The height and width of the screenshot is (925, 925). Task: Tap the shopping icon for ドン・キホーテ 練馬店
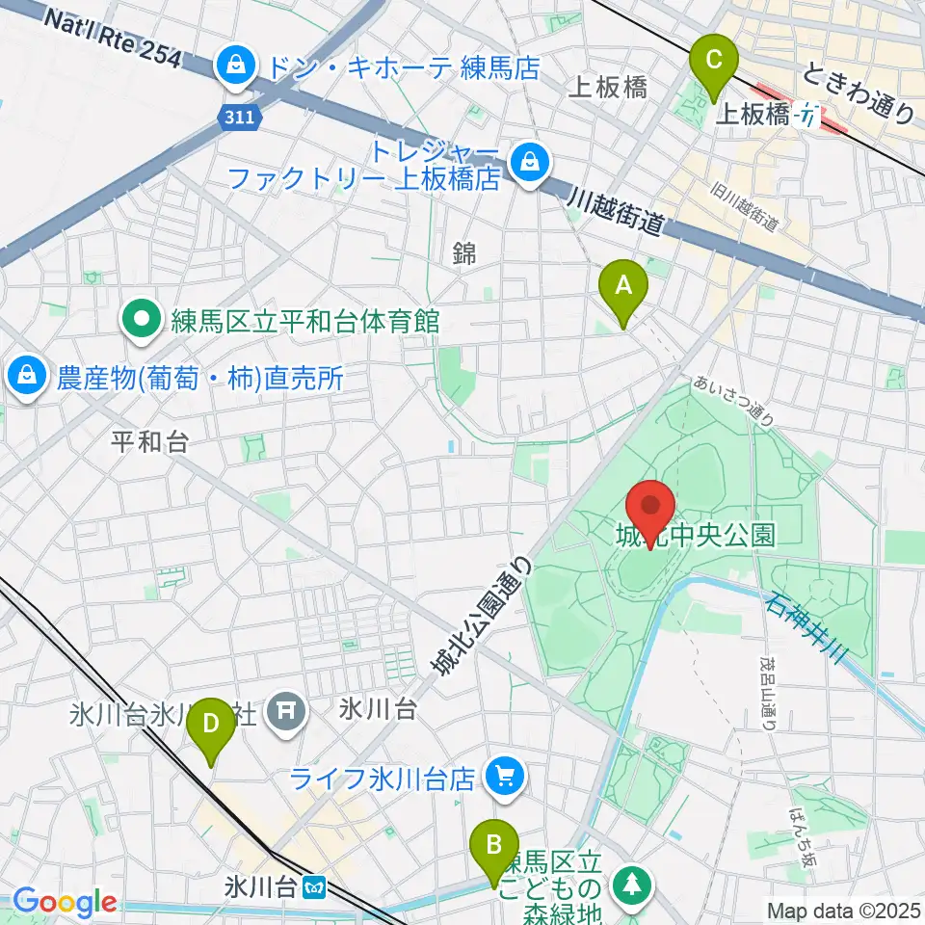[233, 66]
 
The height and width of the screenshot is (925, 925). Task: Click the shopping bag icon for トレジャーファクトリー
[528, 162]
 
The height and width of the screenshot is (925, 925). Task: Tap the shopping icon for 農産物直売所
[26, 377]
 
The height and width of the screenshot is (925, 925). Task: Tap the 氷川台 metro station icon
[314, 885]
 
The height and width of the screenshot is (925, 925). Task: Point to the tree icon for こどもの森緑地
[635, 885]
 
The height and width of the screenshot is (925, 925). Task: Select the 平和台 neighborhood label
[149, 441]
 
